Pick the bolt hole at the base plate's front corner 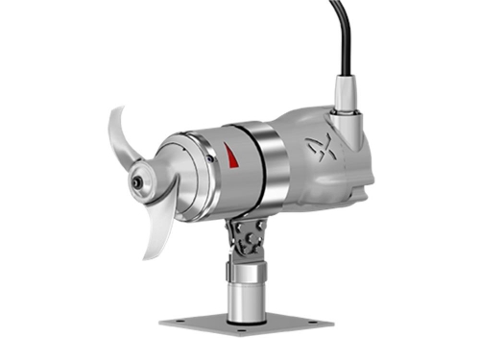248,331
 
